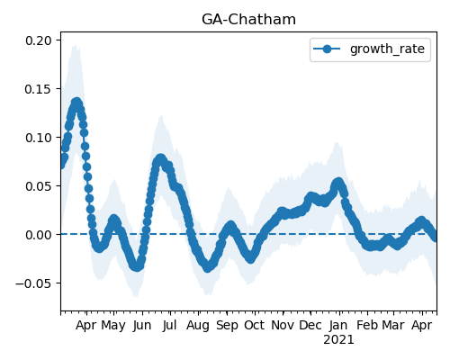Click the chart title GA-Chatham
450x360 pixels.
[x=248, y=20]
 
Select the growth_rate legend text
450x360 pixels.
[x=387, y=49]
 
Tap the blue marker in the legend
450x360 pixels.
[x=327, y=49]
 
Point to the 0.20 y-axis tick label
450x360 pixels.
[x=39, y=40]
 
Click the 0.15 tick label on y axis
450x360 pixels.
[x=39, y=89]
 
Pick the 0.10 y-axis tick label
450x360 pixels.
[x=39, y=138]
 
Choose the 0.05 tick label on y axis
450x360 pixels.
[x=39, y=186]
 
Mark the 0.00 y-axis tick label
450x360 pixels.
[x=39, y=235]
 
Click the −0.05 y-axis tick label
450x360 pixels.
[x=34, y=283]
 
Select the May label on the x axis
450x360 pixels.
[x=113, y=326]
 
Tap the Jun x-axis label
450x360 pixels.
[x=142, y=326]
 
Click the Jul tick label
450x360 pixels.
[x=170, y=326]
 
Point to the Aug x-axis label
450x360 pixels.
[x=198, y=326]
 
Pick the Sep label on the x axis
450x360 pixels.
[x=227, y=326]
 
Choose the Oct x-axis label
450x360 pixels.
[x=255, y=326]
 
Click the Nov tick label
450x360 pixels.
[x=283, y=326]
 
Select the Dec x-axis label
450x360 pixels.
[x=310, y=326]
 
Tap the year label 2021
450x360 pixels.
[x=338, y=340]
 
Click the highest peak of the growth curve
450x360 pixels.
[x=76, y=103]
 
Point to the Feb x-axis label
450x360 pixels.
[x=367, y=326]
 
